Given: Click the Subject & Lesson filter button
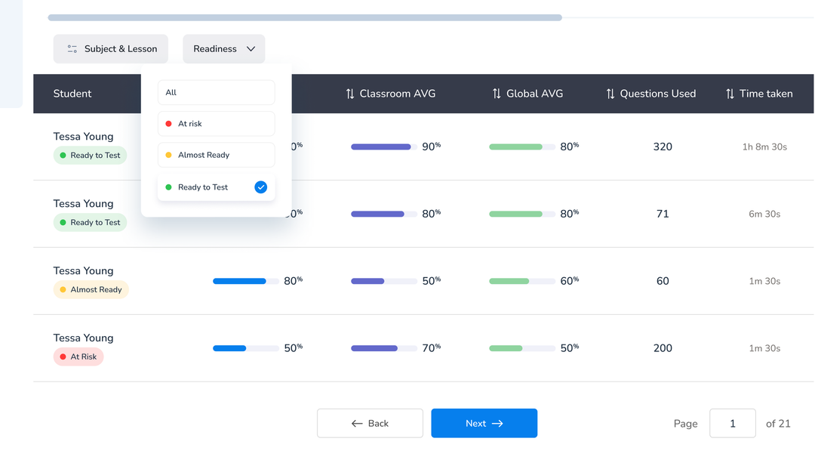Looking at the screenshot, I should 111,49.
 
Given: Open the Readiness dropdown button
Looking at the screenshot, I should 224,49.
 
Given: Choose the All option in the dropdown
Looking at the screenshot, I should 216,93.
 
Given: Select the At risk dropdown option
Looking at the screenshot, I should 216,124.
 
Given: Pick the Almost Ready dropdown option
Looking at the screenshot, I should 216,155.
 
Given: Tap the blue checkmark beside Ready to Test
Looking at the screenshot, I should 261,187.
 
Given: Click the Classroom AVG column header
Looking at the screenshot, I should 391,94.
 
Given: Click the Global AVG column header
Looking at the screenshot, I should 527,94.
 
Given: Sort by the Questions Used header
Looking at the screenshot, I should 650,94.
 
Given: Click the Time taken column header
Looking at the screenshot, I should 759,94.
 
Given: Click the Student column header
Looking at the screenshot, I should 72,94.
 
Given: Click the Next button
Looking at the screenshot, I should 484,424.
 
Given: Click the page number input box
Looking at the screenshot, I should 732,424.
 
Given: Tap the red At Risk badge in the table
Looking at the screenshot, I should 78,357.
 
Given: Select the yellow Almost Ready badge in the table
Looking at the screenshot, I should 91,289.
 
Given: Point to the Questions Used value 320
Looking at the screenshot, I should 663,147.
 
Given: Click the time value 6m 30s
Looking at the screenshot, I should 764,214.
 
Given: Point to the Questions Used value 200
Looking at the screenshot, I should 663,348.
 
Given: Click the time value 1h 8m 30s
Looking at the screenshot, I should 764,147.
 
